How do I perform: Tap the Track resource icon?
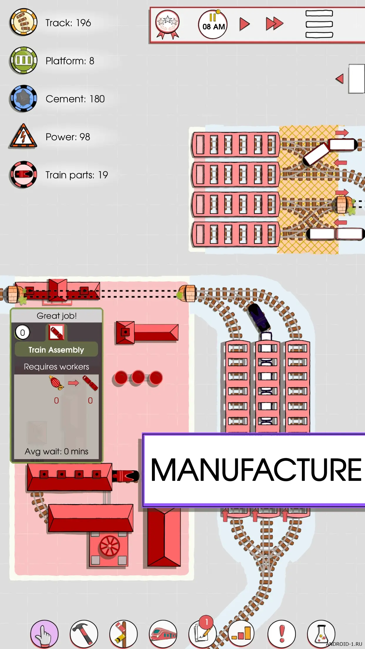point(23,22)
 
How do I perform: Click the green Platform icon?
point(23,60)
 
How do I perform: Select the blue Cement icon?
point(23,98)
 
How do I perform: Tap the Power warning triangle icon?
point(23,137)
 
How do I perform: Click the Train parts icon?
point(23,175)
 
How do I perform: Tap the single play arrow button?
point(244,24)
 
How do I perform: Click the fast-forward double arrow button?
point(274,24)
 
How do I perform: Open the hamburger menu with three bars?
point(319,24)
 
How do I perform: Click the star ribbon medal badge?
point(168,24)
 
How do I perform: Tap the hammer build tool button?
point(84,634)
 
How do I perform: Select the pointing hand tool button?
point(44,634)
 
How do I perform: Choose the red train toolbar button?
point(163,634)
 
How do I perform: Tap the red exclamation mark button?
point(282,634)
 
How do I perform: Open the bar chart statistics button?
point(241,634)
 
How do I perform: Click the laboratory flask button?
point(321,634)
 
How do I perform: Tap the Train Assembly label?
point(56,350)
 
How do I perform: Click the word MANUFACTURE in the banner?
point(256,470)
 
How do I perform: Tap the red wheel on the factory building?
point(110,546)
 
